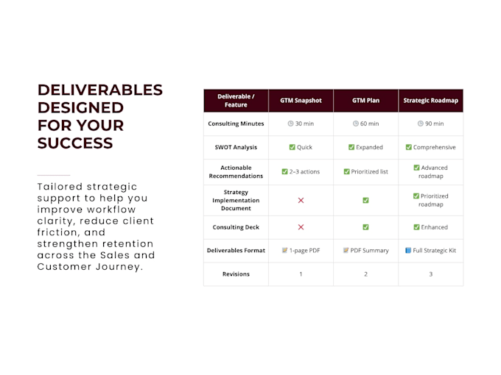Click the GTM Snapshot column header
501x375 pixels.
[301, 101]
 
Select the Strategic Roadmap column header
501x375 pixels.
[430, 101]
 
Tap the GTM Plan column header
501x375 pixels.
[365, 101]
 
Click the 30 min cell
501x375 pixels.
[301, 124]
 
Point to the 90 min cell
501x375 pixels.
[430, 124]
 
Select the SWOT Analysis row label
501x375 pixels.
[236, 147]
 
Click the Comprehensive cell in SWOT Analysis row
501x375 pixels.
[430, 147]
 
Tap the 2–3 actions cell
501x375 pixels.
[301, 171]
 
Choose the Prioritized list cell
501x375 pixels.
[365, 171]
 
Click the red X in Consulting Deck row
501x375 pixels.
[301, 227]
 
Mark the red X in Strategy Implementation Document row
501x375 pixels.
[301, 200]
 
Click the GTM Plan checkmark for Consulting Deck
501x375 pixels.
[365, 227]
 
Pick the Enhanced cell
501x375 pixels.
[430, 227]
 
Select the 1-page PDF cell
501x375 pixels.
[301, 250]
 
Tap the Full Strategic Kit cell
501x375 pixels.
[430, 250]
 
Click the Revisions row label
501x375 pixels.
[236, 274]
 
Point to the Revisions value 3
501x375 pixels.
[431, 274]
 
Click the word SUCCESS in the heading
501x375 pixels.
[75, 143]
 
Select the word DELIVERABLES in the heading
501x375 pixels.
[100, 90]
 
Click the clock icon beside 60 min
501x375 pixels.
[355, 124]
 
